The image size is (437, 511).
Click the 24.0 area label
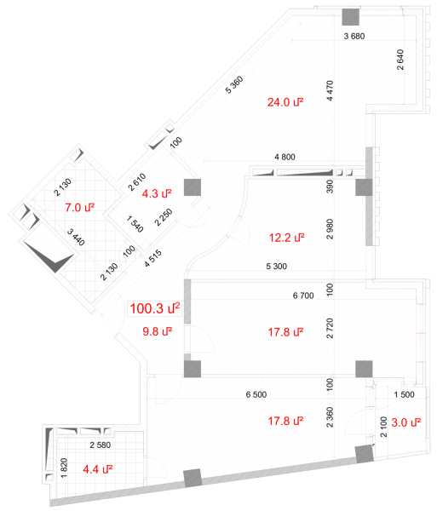[x=285, y=102]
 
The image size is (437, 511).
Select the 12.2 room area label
[x=286, y=238]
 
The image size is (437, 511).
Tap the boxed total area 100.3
[x=155, y=308]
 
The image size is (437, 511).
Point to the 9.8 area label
[x=157, y=332]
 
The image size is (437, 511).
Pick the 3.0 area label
[x=406, y=422]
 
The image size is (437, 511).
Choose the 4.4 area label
[x=98, y=469]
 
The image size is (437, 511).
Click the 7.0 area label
[x=80, y=208]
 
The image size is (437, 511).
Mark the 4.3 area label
[x=157, y=194]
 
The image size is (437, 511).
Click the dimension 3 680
[x=354, y=36]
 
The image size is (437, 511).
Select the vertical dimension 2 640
[x=400, y=60]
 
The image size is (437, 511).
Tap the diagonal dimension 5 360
[x=234, y=84]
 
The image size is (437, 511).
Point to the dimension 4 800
[x=285, y=157]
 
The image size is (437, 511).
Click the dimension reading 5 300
[x=276, y=267]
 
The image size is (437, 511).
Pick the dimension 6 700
[x=303, y=296]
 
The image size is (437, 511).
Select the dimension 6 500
[x=256, y=394]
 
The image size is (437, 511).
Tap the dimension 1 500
[x=404, y=394]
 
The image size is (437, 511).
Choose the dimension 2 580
[x=101, y=445]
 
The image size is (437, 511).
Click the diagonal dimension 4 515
[x=153, y=258]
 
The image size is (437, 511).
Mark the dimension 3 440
[x=76, y=238]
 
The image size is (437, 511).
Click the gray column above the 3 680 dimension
[x=351, y=17]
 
